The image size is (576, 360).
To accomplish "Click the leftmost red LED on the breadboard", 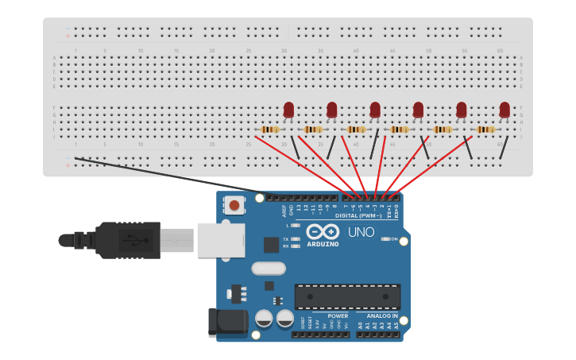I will tap(288, 110).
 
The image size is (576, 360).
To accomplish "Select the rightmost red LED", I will tap(504, 110).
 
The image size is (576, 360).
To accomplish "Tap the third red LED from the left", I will tap(375, 110).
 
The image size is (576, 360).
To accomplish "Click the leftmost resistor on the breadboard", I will tap(270, 130).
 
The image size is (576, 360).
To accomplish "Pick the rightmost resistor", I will tap(485, 130).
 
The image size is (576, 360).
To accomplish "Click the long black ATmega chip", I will tap(347, 296).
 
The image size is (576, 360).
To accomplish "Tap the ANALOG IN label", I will tap(382, 316).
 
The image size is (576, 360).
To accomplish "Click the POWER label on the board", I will tap(338, 316).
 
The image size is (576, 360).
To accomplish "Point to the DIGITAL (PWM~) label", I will tap(358, 215).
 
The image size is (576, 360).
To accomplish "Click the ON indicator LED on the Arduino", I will tap(384, 238).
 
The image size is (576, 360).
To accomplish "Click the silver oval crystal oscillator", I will tap(269, 269).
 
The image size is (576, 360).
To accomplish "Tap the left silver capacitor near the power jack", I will tap(265, 320).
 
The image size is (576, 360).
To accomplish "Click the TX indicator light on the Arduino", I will tap(296, 238).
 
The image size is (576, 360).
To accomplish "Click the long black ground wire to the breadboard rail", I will tap(167, 176).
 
